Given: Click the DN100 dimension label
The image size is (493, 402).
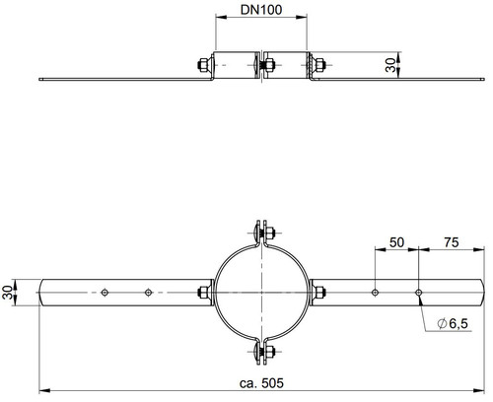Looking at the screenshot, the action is pos(261,10).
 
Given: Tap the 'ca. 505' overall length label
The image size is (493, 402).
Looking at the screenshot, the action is pos(261,383).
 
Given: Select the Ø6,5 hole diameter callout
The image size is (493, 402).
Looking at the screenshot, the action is pos(453,324).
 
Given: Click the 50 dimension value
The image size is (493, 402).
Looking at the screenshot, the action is pos(396,242).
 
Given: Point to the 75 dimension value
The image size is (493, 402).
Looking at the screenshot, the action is pos(452,242).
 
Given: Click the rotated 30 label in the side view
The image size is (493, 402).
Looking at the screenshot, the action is pos(390,65).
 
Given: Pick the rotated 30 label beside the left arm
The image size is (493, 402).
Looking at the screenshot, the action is pos(7,292).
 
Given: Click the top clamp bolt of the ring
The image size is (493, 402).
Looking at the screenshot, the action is pos(264,234).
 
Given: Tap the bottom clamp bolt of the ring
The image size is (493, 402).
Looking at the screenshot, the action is pos(264,352).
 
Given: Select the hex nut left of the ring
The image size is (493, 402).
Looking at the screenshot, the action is pos(203,292).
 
